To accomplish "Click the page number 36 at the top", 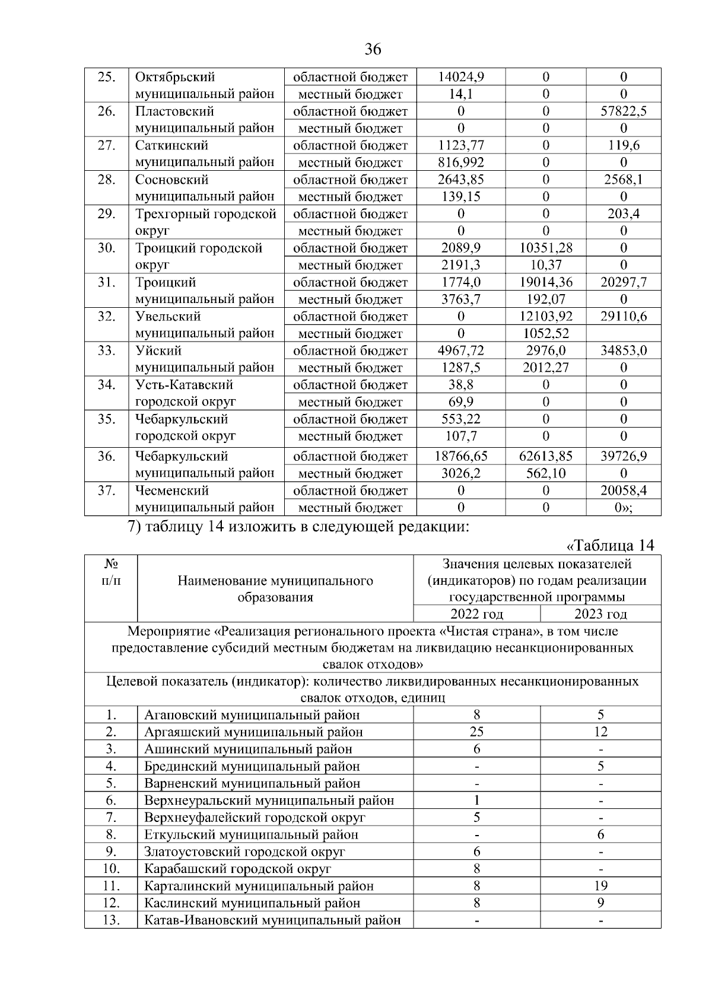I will (x=373, y=50).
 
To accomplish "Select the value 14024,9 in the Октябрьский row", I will (x=460, y=77).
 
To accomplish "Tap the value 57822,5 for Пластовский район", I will (x=623, y=111).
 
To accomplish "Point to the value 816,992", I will (x=460, y=162).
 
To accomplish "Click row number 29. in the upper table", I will (x=106, y=214).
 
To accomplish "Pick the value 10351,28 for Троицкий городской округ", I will (x=545, y=248).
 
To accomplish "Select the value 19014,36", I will (x=545, y=282).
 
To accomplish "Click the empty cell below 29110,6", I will (x=623, y=333).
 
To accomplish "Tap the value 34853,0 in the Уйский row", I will (x=623, y=350).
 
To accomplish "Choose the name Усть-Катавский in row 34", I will (x=184, y=385).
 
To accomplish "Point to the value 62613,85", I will (x=545, y=456).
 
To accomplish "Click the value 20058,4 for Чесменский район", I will (x=623, y=490).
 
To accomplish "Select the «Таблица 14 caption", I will (x=611, y=546).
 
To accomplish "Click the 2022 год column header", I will (x=476, y=614).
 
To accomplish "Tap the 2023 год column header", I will (x=600, y=614).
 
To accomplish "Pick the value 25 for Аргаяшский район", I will (x=476, y=732).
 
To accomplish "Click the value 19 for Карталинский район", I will (x=600, y=886).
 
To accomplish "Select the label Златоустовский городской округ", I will (x=244, y=852).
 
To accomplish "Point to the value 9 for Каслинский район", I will (x=600, y=903).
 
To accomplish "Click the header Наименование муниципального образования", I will (x=275, y=589).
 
